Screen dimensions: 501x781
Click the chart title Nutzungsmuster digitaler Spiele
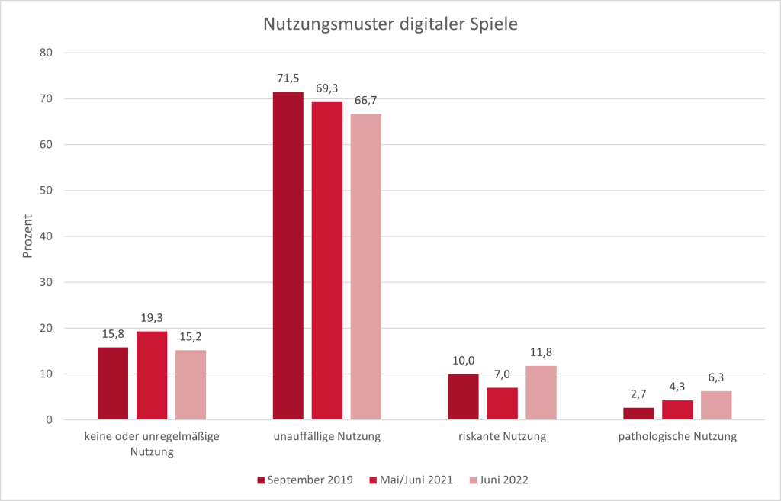(390, 24)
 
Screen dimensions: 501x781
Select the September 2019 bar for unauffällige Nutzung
(288, 255)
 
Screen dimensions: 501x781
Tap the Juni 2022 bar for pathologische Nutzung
(716, 405)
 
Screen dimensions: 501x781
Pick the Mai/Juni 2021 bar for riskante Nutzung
(502, 403)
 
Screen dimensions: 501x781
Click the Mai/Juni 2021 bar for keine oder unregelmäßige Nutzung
(152, 375)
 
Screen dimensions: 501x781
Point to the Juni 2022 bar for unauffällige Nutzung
(366, 267)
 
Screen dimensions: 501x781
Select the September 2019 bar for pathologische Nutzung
(638, 413)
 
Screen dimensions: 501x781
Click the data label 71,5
(288, 79)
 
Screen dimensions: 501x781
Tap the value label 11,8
(541, 352)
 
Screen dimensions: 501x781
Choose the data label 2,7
(638, 394)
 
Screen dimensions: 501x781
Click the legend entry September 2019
(304, 480)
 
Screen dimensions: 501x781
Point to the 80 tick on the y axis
(47, 53)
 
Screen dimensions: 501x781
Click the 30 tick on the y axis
(47, 282)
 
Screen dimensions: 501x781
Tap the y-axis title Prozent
(28, 236)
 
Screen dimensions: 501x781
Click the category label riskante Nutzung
(502, 437)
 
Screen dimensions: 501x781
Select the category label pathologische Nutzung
(677, 437)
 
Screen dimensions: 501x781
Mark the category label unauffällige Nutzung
(327, 437)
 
